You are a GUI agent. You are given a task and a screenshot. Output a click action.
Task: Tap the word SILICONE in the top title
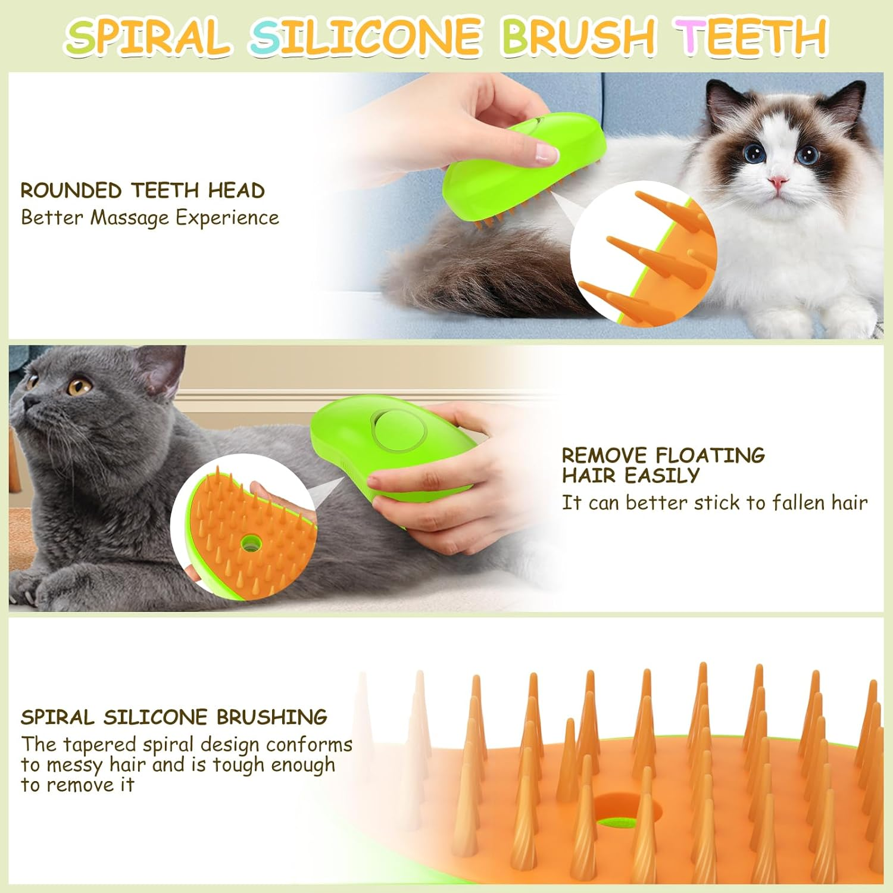pyautogui.click(x=365, y=37)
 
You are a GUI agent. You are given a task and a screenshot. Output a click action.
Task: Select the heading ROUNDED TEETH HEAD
pyautogui.click(x=142, y=191)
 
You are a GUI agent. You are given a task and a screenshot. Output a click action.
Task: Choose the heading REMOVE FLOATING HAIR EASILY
pyautogui.click(x=663, y=465)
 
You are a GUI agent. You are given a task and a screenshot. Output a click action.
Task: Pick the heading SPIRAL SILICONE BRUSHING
pyautogui.click(x=174, y=717)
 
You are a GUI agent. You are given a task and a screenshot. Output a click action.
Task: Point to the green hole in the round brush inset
pyautogui.click(x=250, y=542)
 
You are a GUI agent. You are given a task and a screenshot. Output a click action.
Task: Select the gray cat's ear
pyautogui.click(x=158, y=369)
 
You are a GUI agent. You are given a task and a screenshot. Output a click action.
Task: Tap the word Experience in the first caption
pyautogui.click(x=227, y=218)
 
